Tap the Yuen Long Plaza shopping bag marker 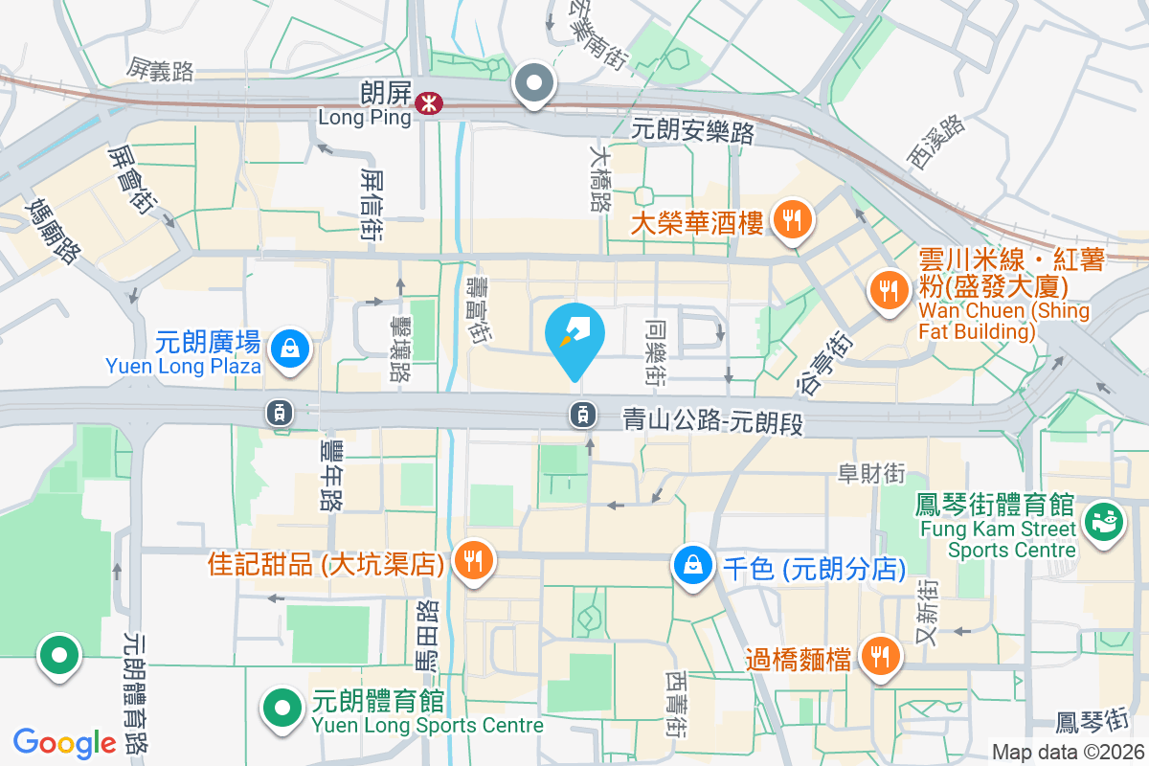click(x=288, y=349)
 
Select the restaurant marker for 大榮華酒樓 click(x=791, y=220)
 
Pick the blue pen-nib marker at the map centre click(x=574, y=336)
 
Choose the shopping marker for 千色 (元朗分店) click(x=691, y=564)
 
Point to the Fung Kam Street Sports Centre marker click(x=1102, y=523)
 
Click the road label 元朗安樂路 click(x=694, y=131)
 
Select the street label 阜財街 click(x=871, y=473)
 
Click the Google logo click(x=64, y=743)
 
